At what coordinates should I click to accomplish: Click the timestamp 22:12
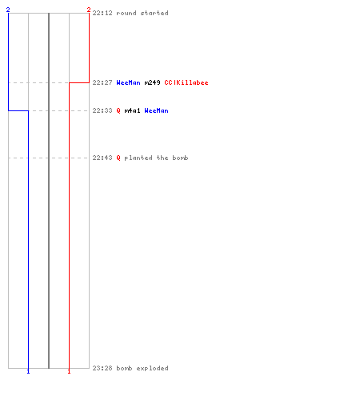[x=102, y=13]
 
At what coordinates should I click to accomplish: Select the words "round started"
[x=142, y=13]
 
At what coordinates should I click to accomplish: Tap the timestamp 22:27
[x=102, y=82]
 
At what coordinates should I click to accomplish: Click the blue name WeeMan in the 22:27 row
[x=128, y=82]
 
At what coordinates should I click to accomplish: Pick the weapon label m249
[x=152, y=82]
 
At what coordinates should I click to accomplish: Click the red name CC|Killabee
[x=186, y=82]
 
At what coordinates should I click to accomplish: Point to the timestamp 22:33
[x=102, y=110]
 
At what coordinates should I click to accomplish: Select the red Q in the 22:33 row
[x=118, y=110]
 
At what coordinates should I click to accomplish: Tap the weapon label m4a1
[x=132, y=110]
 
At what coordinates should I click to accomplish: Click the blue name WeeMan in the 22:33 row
[x=156, y=110]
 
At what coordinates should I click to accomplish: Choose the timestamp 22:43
[x=102, y=158]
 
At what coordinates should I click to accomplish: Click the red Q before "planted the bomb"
[x=118, y=158]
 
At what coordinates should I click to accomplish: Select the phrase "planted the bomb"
[x=156, y=158]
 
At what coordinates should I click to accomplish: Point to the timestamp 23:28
[x=102, y=368]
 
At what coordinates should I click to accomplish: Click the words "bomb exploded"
[x=142, y=368]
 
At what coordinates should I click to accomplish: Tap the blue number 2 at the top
[x=8, y=10]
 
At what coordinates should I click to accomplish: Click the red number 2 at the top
[x=89, y=10]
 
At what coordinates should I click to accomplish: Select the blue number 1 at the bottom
[x=28, y=371]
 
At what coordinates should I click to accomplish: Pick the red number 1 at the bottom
[x=69, y=371]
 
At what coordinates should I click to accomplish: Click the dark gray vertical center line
[x=49, y=190]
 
